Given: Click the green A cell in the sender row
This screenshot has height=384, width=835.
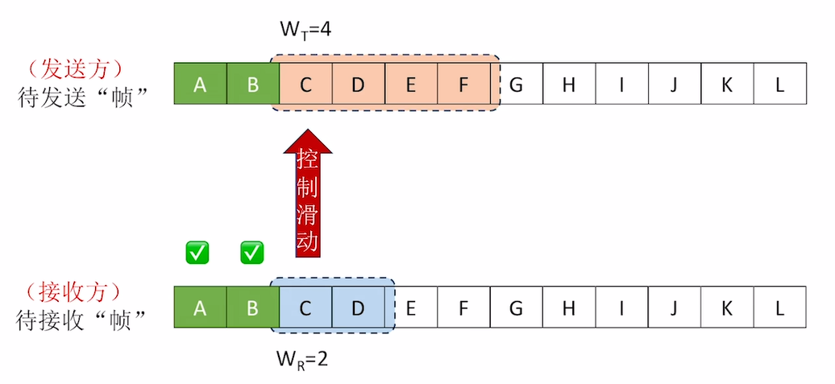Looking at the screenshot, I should point(200,84).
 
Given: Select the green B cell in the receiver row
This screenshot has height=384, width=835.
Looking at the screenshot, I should point(252,307).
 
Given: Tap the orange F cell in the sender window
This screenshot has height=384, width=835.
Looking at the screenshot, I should point(463,84).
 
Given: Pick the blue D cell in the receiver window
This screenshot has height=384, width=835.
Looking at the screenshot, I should point(358,307).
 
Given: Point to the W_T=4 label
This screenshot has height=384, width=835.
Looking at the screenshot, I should point(305,30).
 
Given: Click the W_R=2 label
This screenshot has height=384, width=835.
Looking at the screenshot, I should point(303,358).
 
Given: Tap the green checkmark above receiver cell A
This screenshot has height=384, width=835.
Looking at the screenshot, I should point(197,253).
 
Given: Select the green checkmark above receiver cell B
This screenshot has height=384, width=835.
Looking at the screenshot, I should point(252,253).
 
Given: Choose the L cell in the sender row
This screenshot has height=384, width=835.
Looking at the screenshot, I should point(779,84).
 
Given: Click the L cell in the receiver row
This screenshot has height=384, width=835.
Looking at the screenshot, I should point(779,307).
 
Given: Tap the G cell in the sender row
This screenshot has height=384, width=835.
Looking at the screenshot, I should point(516,84).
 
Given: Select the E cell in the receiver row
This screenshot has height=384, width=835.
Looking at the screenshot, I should point(410,307).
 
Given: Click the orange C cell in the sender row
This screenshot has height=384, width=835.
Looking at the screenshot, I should point(305,84).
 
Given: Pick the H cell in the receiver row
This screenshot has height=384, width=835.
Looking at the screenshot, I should point(568,307).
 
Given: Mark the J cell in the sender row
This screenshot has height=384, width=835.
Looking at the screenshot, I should point(674,84).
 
